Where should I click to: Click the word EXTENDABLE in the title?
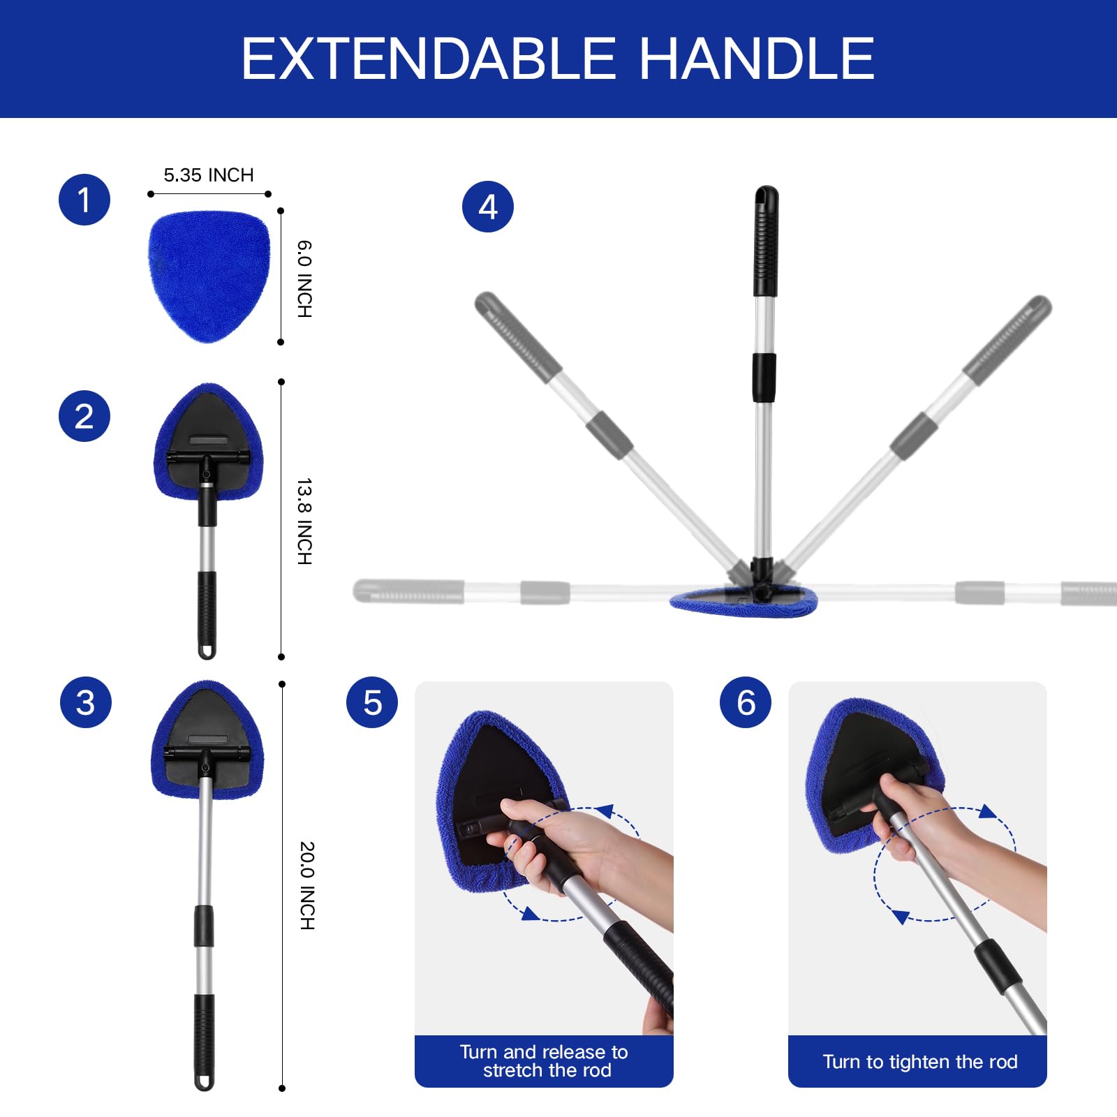click(x=428, y=59)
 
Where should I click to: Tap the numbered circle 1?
click(x=84, y=200)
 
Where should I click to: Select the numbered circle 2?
click(x=84, y=416)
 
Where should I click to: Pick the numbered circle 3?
click(x=85, y=702)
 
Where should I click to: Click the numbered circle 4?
click(x=488, y=207)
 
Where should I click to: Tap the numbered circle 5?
click(x=372, y=702)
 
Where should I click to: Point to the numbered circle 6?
click(x=746, y=702)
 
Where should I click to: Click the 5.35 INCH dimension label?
click(x=208, y=175)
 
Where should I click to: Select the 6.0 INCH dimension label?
click(x=304, y=279)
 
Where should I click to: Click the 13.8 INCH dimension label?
click(x=304, y=521)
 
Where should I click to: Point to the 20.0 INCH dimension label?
click(x=306, y=885)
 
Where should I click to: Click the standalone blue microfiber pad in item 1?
click(x=208, y=276)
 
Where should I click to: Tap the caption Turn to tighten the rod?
click(x=919, y=1062)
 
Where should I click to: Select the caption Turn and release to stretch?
click(x=544, y=1061)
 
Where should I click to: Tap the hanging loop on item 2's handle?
click(x=207, y=651)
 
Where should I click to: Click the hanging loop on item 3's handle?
click(x=204, y=1081)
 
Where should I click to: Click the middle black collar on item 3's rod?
click(x=204, y=926)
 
